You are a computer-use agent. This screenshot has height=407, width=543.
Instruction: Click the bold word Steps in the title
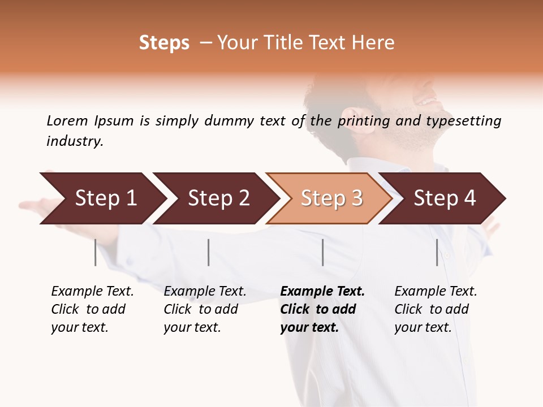164,43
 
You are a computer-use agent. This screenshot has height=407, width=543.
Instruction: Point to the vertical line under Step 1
96,252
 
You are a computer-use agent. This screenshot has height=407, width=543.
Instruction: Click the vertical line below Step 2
209,252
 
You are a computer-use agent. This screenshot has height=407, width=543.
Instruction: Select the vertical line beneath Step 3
322,252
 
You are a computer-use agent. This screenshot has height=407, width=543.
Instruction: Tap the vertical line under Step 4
437,252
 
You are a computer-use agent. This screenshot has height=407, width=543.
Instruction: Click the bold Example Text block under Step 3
322,309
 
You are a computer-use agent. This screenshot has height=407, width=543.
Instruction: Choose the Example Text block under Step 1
92,309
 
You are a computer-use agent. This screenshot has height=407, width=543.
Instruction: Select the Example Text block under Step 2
205,309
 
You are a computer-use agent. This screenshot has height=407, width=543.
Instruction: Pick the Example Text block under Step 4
436,309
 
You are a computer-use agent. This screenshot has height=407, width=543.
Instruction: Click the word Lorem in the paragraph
67,120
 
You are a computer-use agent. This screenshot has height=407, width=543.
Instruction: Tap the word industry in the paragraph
75,141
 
